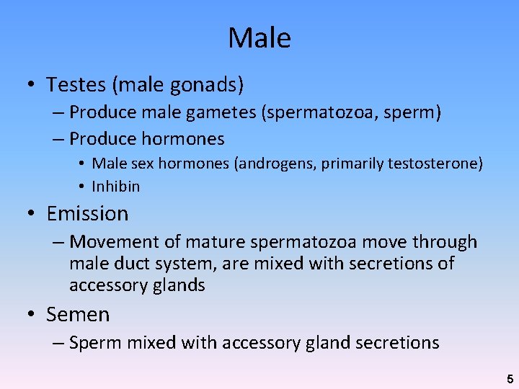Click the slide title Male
point(259,37)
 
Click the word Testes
point(76,85)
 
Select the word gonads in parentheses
point(207,85)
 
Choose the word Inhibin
point(116,187)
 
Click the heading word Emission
point(87,214)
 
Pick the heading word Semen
point(78,315)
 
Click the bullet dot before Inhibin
point(83,187)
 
